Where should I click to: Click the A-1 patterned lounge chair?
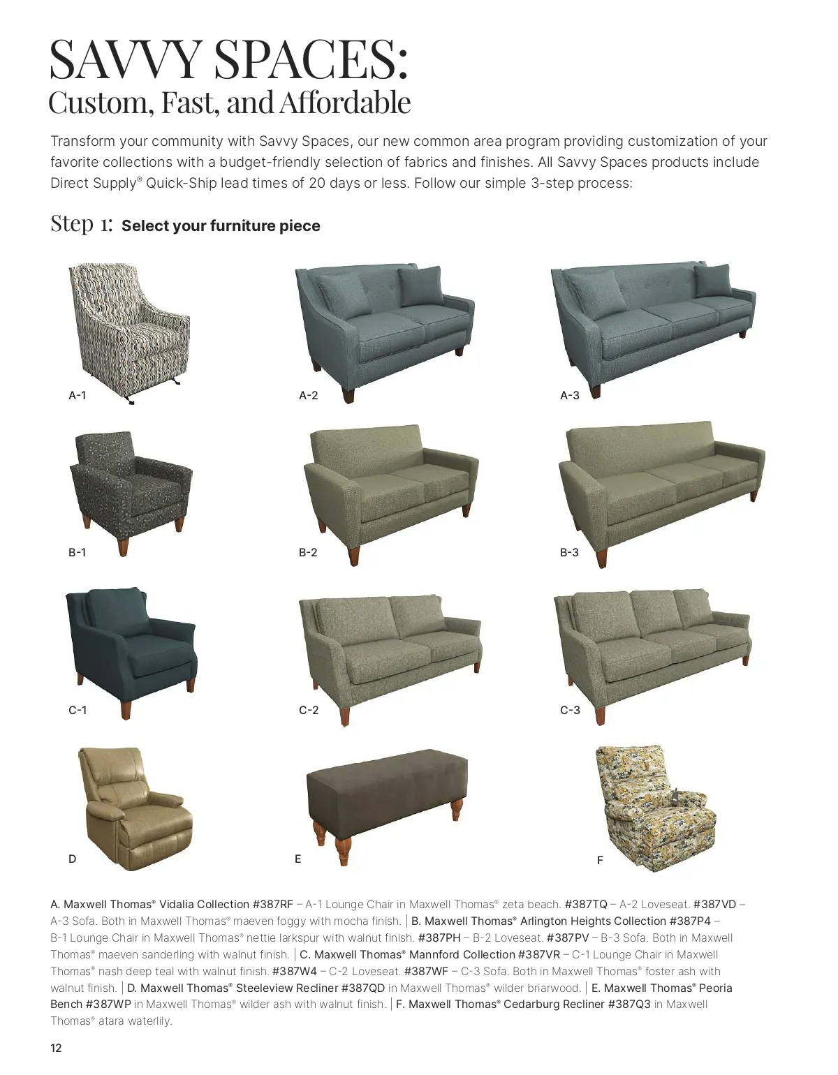click(x=128, y=332)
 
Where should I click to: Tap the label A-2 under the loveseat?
click(x=308, y=395)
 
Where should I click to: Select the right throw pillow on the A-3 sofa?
click(x=713, y=281)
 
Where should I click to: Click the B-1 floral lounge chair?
click(x=131, y=492)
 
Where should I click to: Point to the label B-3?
click(x=569, y=552)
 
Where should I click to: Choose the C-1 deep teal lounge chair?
click(x=131, y=652)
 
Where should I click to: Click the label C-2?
click(x=309, y=710)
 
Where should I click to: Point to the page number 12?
click(x=56, y=1048)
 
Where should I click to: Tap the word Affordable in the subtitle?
click(x=345, y=103)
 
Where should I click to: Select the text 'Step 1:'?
click(x=82, y=223)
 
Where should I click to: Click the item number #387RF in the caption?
click(x=272, y=904)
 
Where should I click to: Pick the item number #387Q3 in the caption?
click(x=629, y=1004)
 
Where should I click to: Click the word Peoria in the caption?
click(x=716, y=988)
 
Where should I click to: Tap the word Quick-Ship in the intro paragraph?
click(x=182, y=183)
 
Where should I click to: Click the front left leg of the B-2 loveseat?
click(x=353, y=556)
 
